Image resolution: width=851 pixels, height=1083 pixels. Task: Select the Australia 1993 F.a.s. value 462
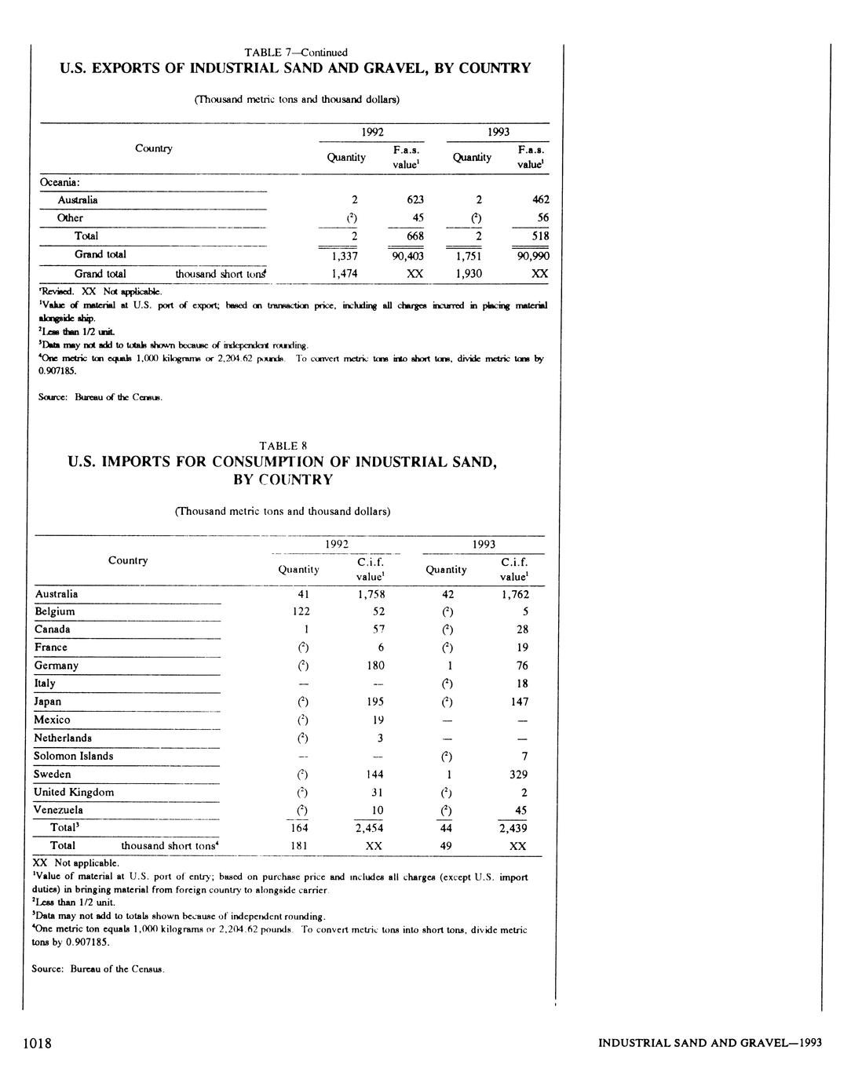[539, 200]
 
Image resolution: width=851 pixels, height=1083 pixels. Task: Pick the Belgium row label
[55, 611]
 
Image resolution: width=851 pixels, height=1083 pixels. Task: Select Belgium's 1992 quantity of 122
[300, 611]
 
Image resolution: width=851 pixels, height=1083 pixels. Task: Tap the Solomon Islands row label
[73, 757]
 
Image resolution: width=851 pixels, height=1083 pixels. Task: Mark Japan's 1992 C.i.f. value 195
[375, 702]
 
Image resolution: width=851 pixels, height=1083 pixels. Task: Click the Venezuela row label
[58, 810]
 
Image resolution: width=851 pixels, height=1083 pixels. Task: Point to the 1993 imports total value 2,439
[513, 828]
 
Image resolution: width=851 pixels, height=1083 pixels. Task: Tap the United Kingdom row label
[74, 793]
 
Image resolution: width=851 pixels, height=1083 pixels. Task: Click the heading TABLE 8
[283, 446]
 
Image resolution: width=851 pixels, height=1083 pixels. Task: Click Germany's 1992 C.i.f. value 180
[375, 665]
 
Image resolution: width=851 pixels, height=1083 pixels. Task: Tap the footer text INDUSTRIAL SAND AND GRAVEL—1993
[710, 1043]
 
